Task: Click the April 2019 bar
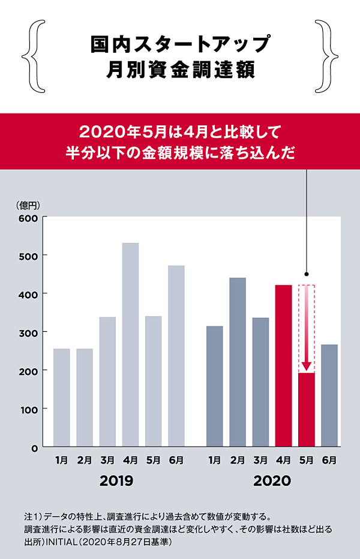pyautogui.click(x=130, y=344)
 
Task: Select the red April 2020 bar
pyautogui.click(x=283, y=365)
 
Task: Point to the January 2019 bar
pyautogui.click(x=61, y=397)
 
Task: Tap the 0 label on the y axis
pyautogui.click(x=35, y=447)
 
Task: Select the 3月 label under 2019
pyautogui.click(x=107, y=461)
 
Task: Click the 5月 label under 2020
pyautogui.click(x=307, y=461)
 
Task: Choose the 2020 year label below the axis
pyautogui.click(x=272, y=480)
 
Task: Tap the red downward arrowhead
pyautogui.click(x=307, y=366)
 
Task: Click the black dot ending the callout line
pyautogui.click(x=307, y=272)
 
